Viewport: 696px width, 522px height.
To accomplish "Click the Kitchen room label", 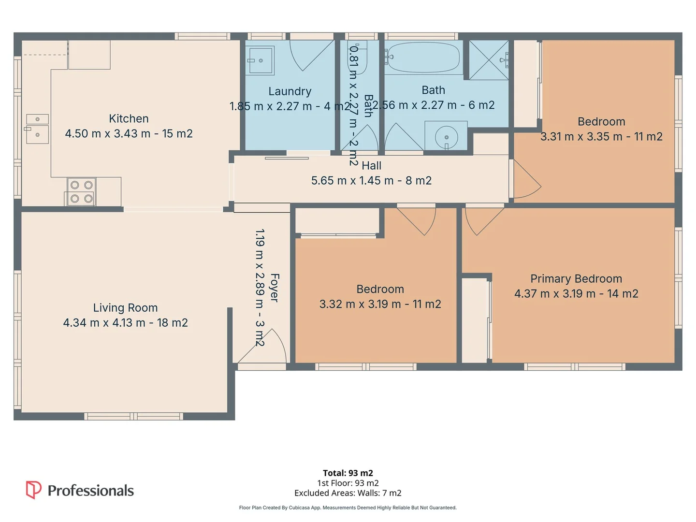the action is tap(129, 118).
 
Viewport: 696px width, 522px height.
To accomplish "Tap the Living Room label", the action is tap(125, 307).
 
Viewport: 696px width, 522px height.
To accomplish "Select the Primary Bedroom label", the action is tap(576, 278).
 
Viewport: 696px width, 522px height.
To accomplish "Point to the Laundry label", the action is tap(290, 91).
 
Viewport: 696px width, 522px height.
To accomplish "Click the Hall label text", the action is tap(371, 165).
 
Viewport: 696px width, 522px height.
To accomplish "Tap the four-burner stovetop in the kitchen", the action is tap(82, 192).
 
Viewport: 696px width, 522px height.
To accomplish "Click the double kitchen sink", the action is tap(37, 129).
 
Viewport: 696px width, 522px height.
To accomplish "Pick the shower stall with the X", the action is tap(489, 60).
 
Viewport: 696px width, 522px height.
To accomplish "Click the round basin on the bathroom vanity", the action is tap(446, 137).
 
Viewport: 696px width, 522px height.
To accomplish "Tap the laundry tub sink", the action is tap(260, 60).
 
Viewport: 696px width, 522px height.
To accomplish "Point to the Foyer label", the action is tap(275, 288).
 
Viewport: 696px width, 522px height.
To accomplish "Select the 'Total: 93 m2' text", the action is tap(348, 473).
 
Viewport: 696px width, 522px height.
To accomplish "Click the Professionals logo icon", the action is tap(33, 490).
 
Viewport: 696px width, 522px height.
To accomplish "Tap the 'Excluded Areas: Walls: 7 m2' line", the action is tap(348, 493).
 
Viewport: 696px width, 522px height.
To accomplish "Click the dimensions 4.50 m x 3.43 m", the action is tap(107, 133).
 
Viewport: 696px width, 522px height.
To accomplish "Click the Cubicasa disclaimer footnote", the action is tap(348, 507).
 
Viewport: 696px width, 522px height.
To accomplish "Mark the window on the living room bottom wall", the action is tap(133, 416).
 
